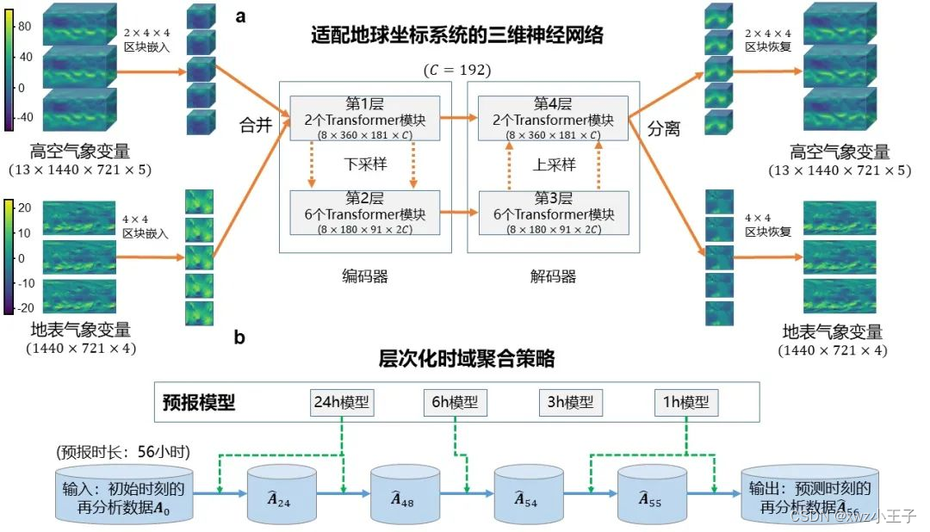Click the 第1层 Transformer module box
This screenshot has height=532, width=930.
point(366,118)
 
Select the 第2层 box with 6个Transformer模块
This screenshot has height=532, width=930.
point(366,213)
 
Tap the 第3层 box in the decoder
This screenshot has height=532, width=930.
point(552,213)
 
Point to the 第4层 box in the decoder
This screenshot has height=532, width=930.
point(552,118)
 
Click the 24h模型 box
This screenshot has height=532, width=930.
point(343,402)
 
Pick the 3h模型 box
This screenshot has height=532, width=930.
point(572,402)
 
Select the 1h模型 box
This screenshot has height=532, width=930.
point(686,402)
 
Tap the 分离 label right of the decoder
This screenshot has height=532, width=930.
point(664,129)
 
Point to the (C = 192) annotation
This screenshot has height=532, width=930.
point(457,69)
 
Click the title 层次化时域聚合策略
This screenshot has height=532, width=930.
point(467,358)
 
